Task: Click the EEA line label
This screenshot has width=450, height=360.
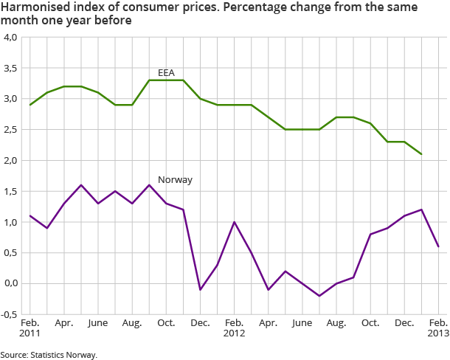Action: click(x=166, y=72)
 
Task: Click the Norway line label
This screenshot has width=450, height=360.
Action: click(x=175, y=179)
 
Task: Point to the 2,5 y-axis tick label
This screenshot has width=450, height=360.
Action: click(x=10, y=130)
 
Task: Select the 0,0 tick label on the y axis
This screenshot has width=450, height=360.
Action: click(x=10, y=283)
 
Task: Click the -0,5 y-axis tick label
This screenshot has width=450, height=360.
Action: click(x=10, y=314)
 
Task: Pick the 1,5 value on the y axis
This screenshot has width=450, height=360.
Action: click(x=10, y=191)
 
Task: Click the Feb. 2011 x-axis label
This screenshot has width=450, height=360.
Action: click(x=30, y=329)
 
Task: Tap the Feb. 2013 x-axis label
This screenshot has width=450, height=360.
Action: click(x=438, y=329)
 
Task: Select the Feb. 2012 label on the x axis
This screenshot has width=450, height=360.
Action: click(x=235, y=329)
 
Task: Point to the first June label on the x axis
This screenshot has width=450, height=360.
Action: click(x=98, y=324)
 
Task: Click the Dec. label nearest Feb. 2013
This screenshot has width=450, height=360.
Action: click(x=404, y=324)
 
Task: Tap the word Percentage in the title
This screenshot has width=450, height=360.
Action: click(x=246, y=7)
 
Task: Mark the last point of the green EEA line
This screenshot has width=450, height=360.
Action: click(x=421, y=154)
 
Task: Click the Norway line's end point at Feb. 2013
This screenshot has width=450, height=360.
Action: click(x=438, y=246)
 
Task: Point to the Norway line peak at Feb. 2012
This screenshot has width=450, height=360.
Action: click(x=235, y=222)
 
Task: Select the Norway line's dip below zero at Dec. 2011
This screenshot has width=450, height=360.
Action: click(x=201, y=290)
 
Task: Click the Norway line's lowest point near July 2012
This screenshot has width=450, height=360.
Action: click(x=319, y=296)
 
